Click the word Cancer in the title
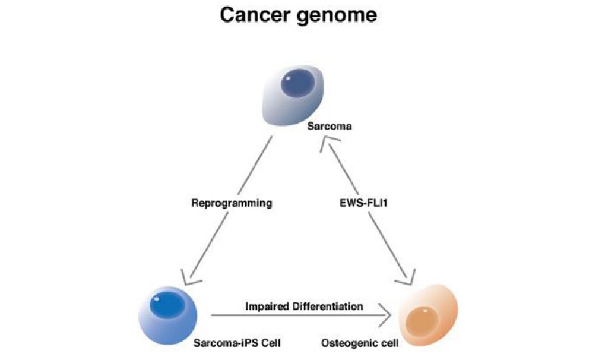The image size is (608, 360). coord(255,15)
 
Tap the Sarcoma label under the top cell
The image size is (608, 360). coord(329,126)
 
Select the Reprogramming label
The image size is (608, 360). coord(232,203)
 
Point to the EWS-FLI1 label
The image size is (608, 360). coord(363,203)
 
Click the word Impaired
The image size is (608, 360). coord(267,306)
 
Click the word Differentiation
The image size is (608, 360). coord(328,306)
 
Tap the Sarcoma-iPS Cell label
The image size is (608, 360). coord(237,343)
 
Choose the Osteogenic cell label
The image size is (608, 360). coord(359,343)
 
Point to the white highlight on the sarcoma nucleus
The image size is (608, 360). coord(288,78)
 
